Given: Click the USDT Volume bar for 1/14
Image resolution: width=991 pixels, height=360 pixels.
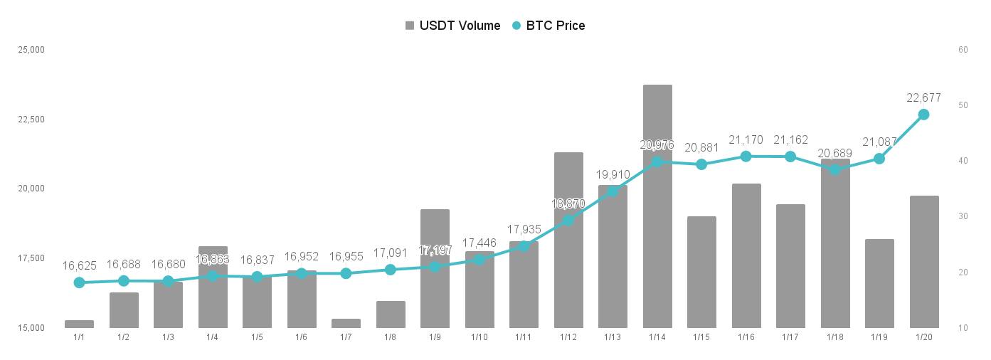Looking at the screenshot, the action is pos(657,206).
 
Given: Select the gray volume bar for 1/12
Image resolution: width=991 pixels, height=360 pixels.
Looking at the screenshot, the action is pos(568,240).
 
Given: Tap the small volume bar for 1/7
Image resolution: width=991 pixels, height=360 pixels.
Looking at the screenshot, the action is pos(346,323).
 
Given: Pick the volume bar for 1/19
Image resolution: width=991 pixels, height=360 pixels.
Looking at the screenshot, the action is pos(879,283).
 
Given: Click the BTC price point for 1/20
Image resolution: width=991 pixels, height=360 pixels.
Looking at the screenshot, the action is pos(923,115).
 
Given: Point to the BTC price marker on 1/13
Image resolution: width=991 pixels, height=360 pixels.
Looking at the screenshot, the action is pos(613,191).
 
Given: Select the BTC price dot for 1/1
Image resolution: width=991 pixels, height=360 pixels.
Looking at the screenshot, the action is pos(79,282).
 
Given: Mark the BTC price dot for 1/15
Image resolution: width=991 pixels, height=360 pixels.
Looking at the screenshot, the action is pos(701,164).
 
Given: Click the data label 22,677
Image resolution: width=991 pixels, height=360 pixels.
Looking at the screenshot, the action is pos(923,97).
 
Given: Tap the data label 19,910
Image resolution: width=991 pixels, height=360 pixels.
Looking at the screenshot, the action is pos(613,175).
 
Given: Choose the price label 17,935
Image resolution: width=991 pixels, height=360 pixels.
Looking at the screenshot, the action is pos(524,230).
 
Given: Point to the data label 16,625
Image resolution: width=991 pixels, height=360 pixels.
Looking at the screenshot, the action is pos(79,266).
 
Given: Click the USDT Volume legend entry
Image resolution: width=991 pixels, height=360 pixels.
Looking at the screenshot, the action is pos(453,26).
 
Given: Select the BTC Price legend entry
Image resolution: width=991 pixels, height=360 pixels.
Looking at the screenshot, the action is pos(549,26).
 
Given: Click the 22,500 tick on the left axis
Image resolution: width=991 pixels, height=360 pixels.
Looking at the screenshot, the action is pos(31,120).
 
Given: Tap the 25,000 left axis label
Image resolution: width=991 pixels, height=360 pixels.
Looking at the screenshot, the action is pos(31,50).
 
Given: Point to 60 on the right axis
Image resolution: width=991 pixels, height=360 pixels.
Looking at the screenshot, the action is pos(963,50).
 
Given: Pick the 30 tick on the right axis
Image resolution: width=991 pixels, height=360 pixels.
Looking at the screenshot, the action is pos(963,216).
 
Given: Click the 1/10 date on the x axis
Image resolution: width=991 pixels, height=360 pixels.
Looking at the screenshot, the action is pos(479,337).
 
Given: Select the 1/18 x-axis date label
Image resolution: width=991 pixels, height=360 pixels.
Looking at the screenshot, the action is pos(835,337).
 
